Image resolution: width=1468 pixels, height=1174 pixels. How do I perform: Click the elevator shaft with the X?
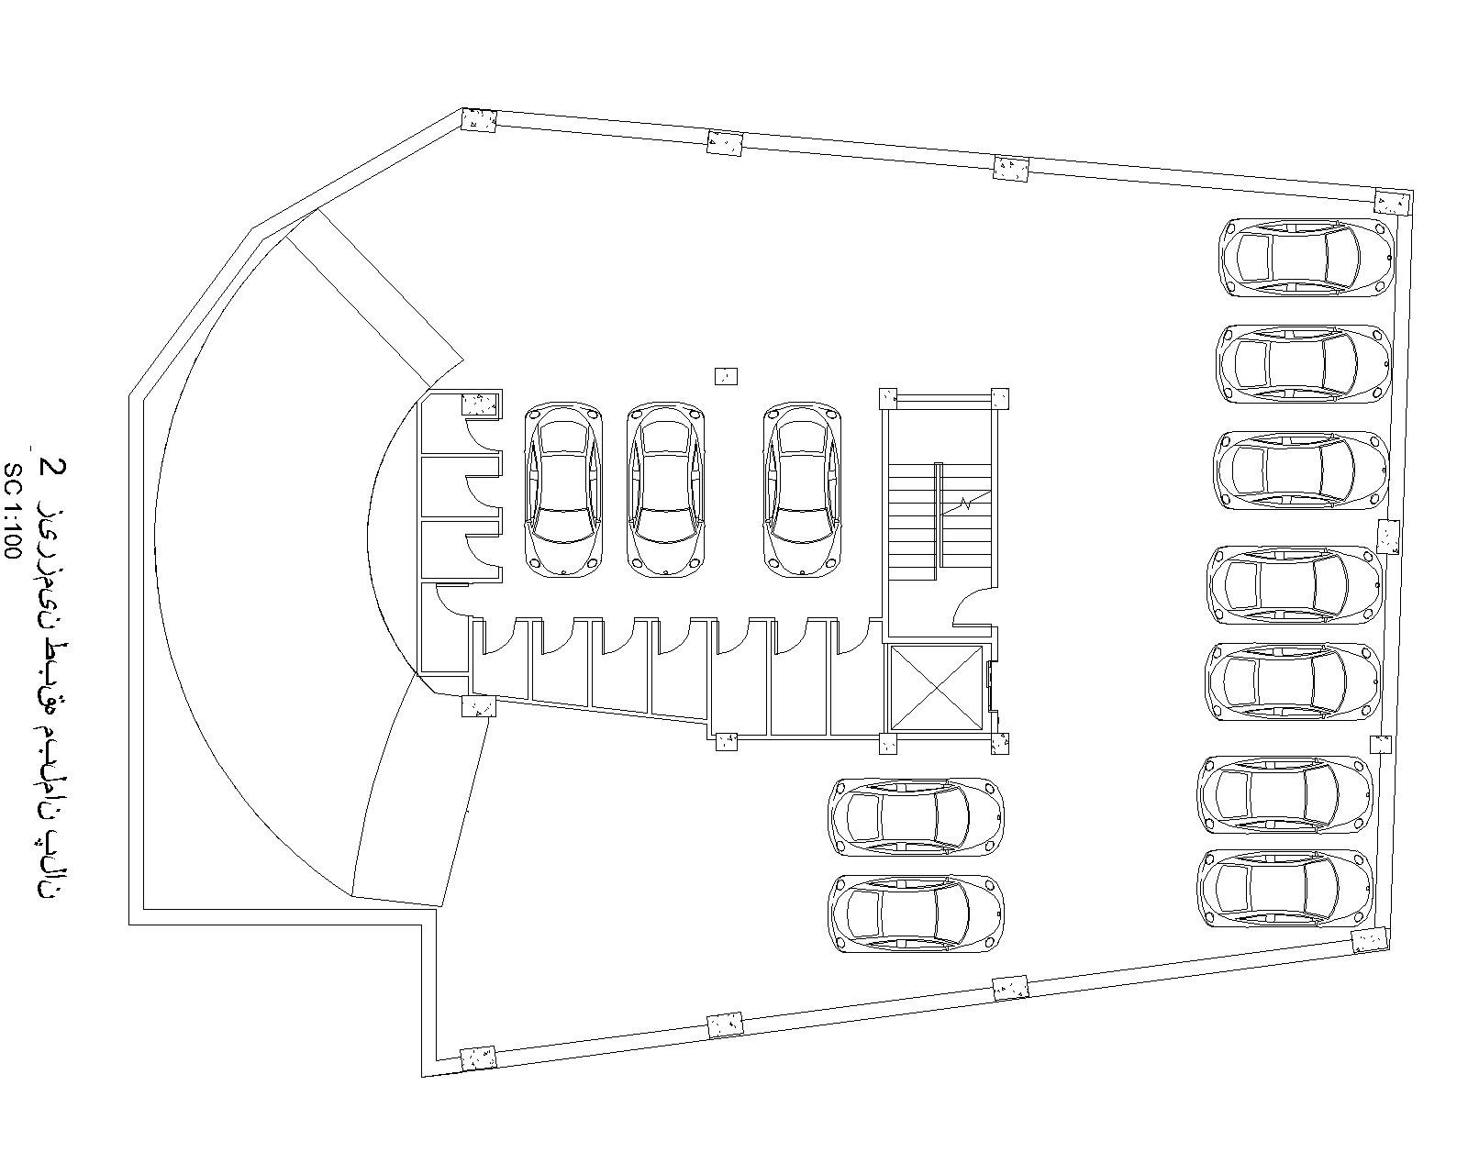[x=935, y=688]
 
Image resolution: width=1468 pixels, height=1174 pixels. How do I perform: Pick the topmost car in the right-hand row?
[x=1307, y=257]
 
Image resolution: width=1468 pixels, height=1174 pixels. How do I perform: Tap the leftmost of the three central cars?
[x=563, y=489]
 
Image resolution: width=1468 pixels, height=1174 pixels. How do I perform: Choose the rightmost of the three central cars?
[x=803, y=489]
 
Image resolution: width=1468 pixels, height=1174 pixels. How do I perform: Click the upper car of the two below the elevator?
[x=916, y=815]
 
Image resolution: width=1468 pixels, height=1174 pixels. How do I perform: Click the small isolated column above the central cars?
[x=726, y=376]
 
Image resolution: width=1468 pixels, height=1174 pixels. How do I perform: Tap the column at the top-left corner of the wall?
[x=478, y=120]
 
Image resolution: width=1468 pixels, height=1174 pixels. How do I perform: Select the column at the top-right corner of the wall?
[x=1392, y=201]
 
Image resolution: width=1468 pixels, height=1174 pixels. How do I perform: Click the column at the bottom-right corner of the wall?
[x=1370, y=940]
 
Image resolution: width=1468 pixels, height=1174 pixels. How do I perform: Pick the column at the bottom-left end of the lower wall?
[x=478, y=1058]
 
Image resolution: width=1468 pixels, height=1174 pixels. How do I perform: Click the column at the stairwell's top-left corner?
[x=888, y=398]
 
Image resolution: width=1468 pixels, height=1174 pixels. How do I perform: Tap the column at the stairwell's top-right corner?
[x=999, y=398]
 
